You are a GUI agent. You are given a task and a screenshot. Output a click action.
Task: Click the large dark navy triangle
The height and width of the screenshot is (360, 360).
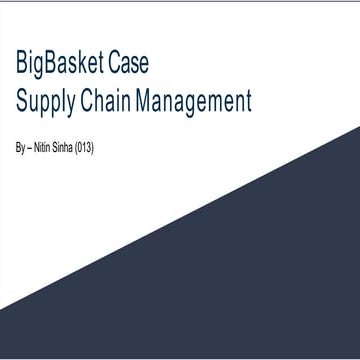(270, 280)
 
